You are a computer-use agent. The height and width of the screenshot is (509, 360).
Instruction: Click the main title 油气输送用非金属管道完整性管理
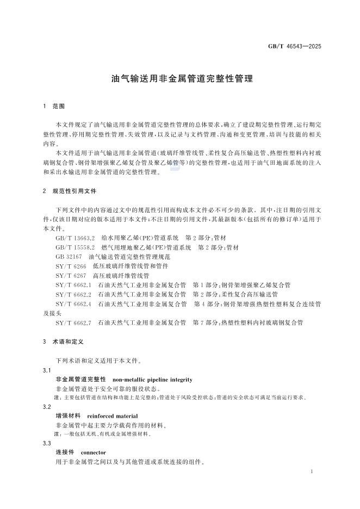click(182, 79)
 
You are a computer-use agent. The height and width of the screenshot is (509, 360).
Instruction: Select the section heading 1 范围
click(54, 105)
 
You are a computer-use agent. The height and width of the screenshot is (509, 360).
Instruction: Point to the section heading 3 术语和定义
click(63, 342)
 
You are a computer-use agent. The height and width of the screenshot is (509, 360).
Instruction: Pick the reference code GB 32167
click(69, 256)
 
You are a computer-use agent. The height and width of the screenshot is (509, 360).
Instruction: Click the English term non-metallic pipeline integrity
click(152, 379)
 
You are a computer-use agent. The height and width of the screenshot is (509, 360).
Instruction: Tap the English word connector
click(93, 452)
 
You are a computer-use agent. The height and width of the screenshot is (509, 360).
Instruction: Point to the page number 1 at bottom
click(311, 471)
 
